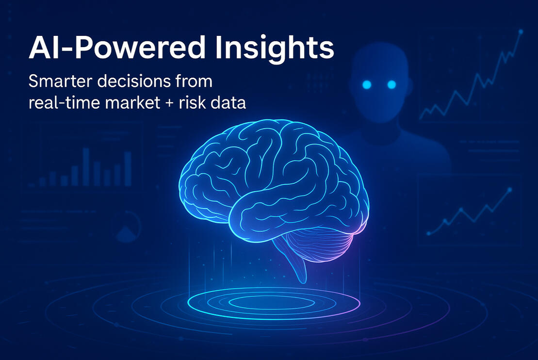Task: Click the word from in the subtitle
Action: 194,81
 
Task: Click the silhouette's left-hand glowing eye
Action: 367,84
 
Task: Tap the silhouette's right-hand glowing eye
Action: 391,84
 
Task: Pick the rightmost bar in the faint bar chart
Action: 128,168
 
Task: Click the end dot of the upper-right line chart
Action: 521,32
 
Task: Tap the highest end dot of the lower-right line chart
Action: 510,190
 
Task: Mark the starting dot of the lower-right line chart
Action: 428,234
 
